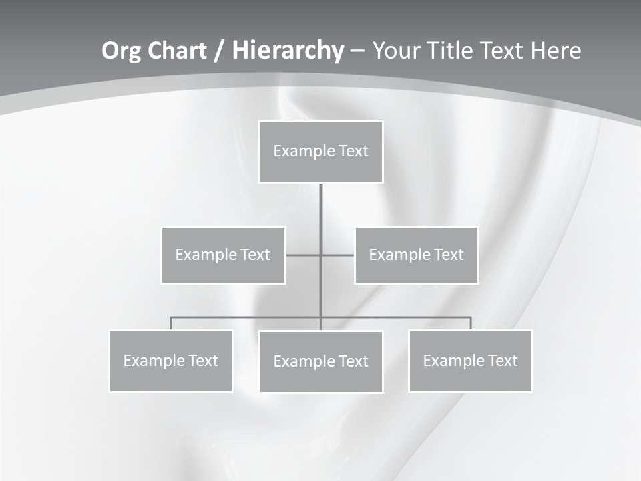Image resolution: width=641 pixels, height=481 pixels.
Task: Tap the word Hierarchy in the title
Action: [287, 51]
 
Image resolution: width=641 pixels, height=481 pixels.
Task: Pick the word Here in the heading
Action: [556, 51]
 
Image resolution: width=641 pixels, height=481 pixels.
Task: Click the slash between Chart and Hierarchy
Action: [218, 51]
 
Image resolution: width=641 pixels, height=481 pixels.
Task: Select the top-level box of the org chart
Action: [320, 152]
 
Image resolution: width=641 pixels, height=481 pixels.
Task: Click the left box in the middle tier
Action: [223, 255]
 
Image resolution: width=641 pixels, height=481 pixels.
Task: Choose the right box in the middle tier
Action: [417, 255]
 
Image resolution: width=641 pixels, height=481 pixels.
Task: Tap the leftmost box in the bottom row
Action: [171, 361]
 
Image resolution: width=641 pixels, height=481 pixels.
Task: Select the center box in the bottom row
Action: [320, 362]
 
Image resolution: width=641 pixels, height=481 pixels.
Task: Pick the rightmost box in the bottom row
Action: [471, 361]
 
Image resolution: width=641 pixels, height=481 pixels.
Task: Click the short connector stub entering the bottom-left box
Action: [171, 323]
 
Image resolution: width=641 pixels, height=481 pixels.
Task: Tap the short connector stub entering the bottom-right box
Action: [471, 323]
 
